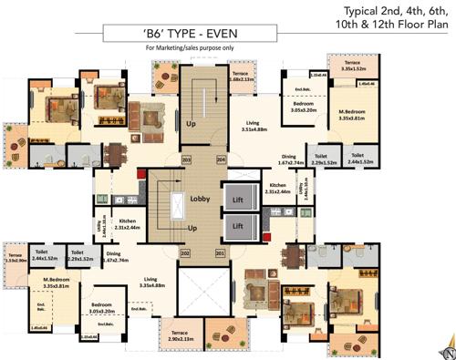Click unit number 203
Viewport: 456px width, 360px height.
[186, 160]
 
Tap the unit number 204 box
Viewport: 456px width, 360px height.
[220, 160]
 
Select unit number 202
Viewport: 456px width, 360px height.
[185, 252]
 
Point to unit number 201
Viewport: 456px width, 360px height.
[219, 252]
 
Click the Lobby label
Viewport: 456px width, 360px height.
[201, 198]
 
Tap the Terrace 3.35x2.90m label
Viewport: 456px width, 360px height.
[16, 258]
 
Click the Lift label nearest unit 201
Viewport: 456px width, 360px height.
[237, 224]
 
